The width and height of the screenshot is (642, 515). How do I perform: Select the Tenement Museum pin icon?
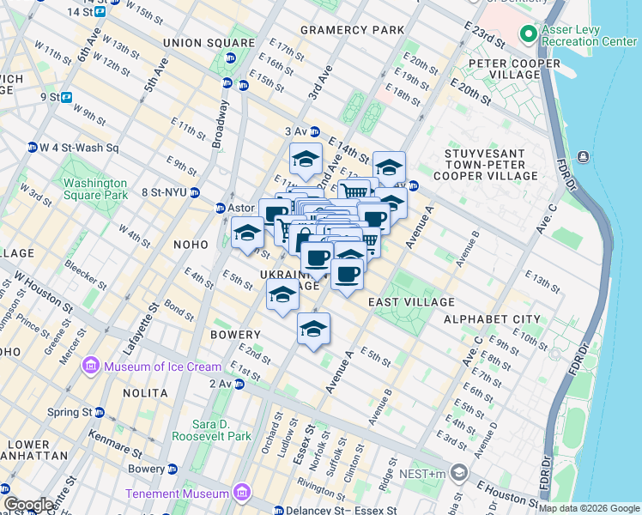point(242,493)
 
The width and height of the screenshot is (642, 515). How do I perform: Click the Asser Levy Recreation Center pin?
point(528,34)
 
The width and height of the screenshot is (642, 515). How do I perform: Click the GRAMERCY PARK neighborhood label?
point(352,30)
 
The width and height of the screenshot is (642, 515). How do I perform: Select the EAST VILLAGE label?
point(411,302)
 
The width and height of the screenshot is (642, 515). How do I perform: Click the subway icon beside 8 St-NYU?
point(196,192)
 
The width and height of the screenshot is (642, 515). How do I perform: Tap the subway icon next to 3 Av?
point(315,131)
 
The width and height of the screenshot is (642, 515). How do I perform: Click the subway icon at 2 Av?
point(239,384)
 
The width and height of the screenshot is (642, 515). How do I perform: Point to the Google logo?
point(28,504)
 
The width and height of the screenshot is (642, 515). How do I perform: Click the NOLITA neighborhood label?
point(145,392)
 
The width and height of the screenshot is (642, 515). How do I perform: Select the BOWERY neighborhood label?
point(233,334)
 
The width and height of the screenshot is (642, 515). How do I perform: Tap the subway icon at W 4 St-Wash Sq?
point(33,147)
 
